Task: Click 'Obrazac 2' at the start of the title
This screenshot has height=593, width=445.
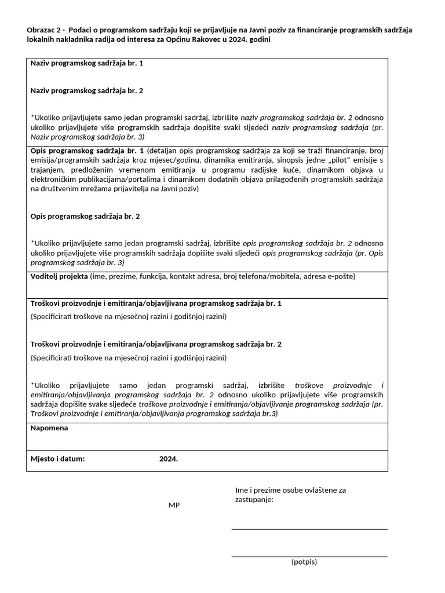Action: [45, 30]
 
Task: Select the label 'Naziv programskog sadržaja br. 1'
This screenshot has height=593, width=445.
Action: [86, 63]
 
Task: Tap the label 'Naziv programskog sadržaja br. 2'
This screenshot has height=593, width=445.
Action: [86, 91]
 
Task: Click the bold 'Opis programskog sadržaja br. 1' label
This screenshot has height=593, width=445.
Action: [87, 151]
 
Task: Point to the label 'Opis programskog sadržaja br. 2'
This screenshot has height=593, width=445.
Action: [85, 216]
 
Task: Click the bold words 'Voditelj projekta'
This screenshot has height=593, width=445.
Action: [59, 276]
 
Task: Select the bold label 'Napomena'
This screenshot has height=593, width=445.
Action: [49, 428]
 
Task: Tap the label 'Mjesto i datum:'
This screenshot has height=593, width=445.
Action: [57, 459]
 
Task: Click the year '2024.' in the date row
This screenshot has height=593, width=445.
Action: [169, 459]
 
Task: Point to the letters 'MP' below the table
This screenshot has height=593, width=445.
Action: [174, 506]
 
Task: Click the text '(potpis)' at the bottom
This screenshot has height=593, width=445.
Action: [304, 562]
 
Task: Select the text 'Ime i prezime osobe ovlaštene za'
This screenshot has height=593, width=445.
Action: [290, 490]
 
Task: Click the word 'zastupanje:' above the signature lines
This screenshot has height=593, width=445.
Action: [254, 499]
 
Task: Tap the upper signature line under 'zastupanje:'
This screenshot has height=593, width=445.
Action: [309, 529]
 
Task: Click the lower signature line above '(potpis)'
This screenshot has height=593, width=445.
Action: [309, 557]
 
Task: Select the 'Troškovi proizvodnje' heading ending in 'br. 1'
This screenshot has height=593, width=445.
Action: [156, 303]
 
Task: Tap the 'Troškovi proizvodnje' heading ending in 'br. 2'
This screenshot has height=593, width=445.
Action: [156, 344]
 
